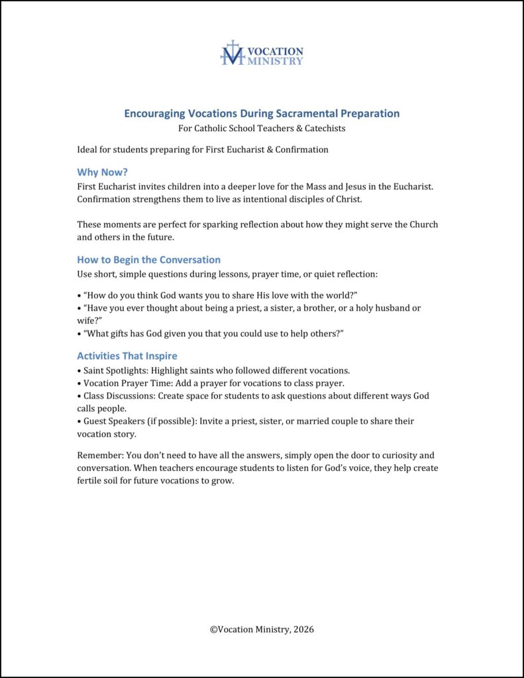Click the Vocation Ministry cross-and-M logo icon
232,53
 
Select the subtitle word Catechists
323,128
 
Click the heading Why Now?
101,172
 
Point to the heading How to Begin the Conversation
148,260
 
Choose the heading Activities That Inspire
127,356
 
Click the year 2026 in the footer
302,630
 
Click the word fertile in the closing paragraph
91,481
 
